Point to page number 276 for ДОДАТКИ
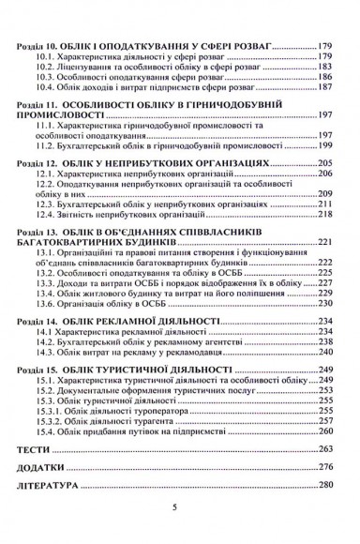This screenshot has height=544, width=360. (325, 466)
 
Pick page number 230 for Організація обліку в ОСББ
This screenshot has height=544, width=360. (325, 304)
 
